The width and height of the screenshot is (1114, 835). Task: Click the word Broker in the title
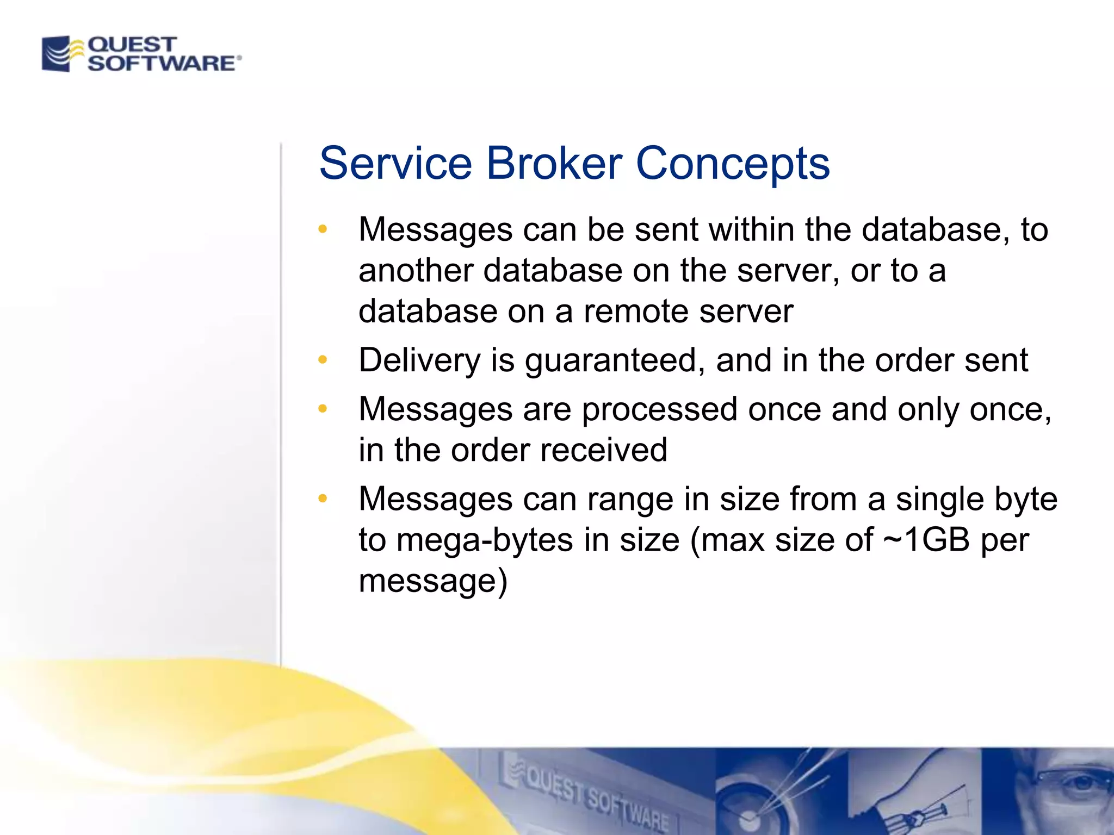[553, 163]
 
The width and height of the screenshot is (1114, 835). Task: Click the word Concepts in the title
[732, 164]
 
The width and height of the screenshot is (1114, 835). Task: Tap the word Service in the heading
[395, 163]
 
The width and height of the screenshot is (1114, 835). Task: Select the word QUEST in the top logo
[132, 43]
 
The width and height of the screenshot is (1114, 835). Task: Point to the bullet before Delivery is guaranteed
[323, 360]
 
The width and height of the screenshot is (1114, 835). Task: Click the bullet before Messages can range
[323, 498]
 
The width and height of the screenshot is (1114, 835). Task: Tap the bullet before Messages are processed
[323, 409]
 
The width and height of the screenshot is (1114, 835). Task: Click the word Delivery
[419, 360]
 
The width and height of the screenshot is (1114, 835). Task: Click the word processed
[659, 409]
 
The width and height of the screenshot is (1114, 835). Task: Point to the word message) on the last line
[433, 581]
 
